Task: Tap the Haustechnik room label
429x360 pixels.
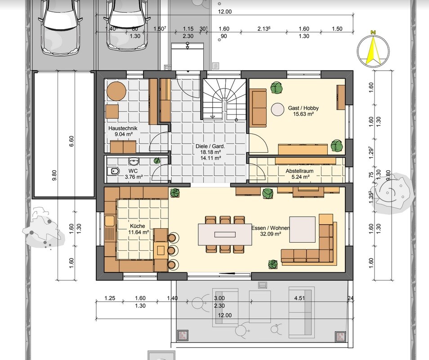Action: click(123, 128)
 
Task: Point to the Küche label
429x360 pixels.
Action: click(137, 226)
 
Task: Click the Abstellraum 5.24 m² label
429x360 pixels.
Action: click(299, 174)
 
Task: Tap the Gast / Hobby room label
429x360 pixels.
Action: click(303, 108)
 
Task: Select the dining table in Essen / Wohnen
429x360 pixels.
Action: click(225, 234)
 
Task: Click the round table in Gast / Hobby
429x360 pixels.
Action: click(278, 109)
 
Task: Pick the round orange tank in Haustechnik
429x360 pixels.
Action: click(116, 91)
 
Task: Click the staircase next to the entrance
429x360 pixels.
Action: click(224, 99)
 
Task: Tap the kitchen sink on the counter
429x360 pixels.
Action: click(110, 221)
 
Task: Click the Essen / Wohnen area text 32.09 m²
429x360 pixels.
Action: click(270, 234)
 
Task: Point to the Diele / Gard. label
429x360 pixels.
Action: click(210, 146)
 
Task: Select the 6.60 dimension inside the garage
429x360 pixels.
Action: click(71, 141)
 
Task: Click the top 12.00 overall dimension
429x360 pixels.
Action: click(225, 12)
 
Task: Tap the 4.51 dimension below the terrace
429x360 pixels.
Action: click(299, 298)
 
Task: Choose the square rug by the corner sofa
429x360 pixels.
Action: click(302, 229)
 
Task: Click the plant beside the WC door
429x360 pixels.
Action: click(157, 161)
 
